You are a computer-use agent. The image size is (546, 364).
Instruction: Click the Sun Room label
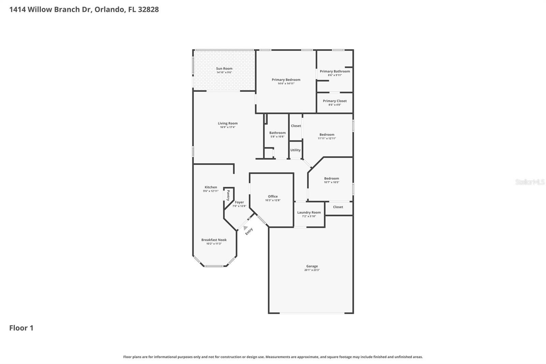click(224, 69)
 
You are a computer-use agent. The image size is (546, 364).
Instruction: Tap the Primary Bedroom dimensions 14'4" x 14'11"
click(286, 84)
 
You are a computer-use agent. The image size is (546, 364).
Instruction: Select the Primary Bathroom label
click(335, 71)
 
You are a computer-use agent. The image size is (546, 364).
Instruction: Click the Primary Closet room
click(335, 102)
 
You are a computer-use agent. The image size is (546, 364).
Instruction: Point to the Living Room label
click(228, 124)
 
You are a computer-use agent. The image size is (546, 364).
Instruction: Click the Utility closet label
click(296, 150)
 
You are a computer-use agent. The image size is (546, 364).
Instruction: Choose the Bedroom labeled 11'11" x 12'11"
click(327, 136)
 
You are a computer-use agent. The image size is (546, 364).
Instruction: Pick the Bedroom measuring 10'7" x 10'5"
click(331, 180)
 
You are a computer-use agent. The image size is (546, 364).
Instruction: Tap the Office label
click(273, 196)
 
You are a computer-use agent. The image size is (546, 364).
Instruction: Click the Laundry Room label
click(309, 212)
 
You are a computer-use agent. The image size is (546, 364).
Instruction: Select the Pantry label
click(228, 195)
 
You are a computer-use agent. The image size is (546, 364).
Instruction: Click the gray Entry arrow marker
click(245, 228)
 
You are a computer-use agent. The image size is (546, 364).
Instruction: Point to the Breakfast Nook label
click(214, 240)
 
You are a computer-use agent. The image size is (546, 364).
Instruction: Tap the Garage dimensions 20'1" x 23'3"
click(312, 270)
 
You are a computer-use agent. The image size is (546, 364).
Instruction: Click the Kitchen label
click(211, 187)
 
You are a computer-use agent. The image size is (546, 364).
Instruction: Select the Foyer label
click(239, 202)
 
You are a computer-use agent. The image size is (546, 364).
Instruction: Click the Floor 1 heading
click(21, 328)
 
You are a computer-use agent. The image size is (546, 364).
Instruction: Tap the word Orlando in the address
click(109, 10)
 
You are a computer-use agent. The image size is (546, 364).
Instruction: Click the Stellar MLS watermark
click(530, 182)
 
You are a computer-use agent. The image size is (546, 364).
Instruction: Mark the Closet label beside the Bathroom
click(296, 126)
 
